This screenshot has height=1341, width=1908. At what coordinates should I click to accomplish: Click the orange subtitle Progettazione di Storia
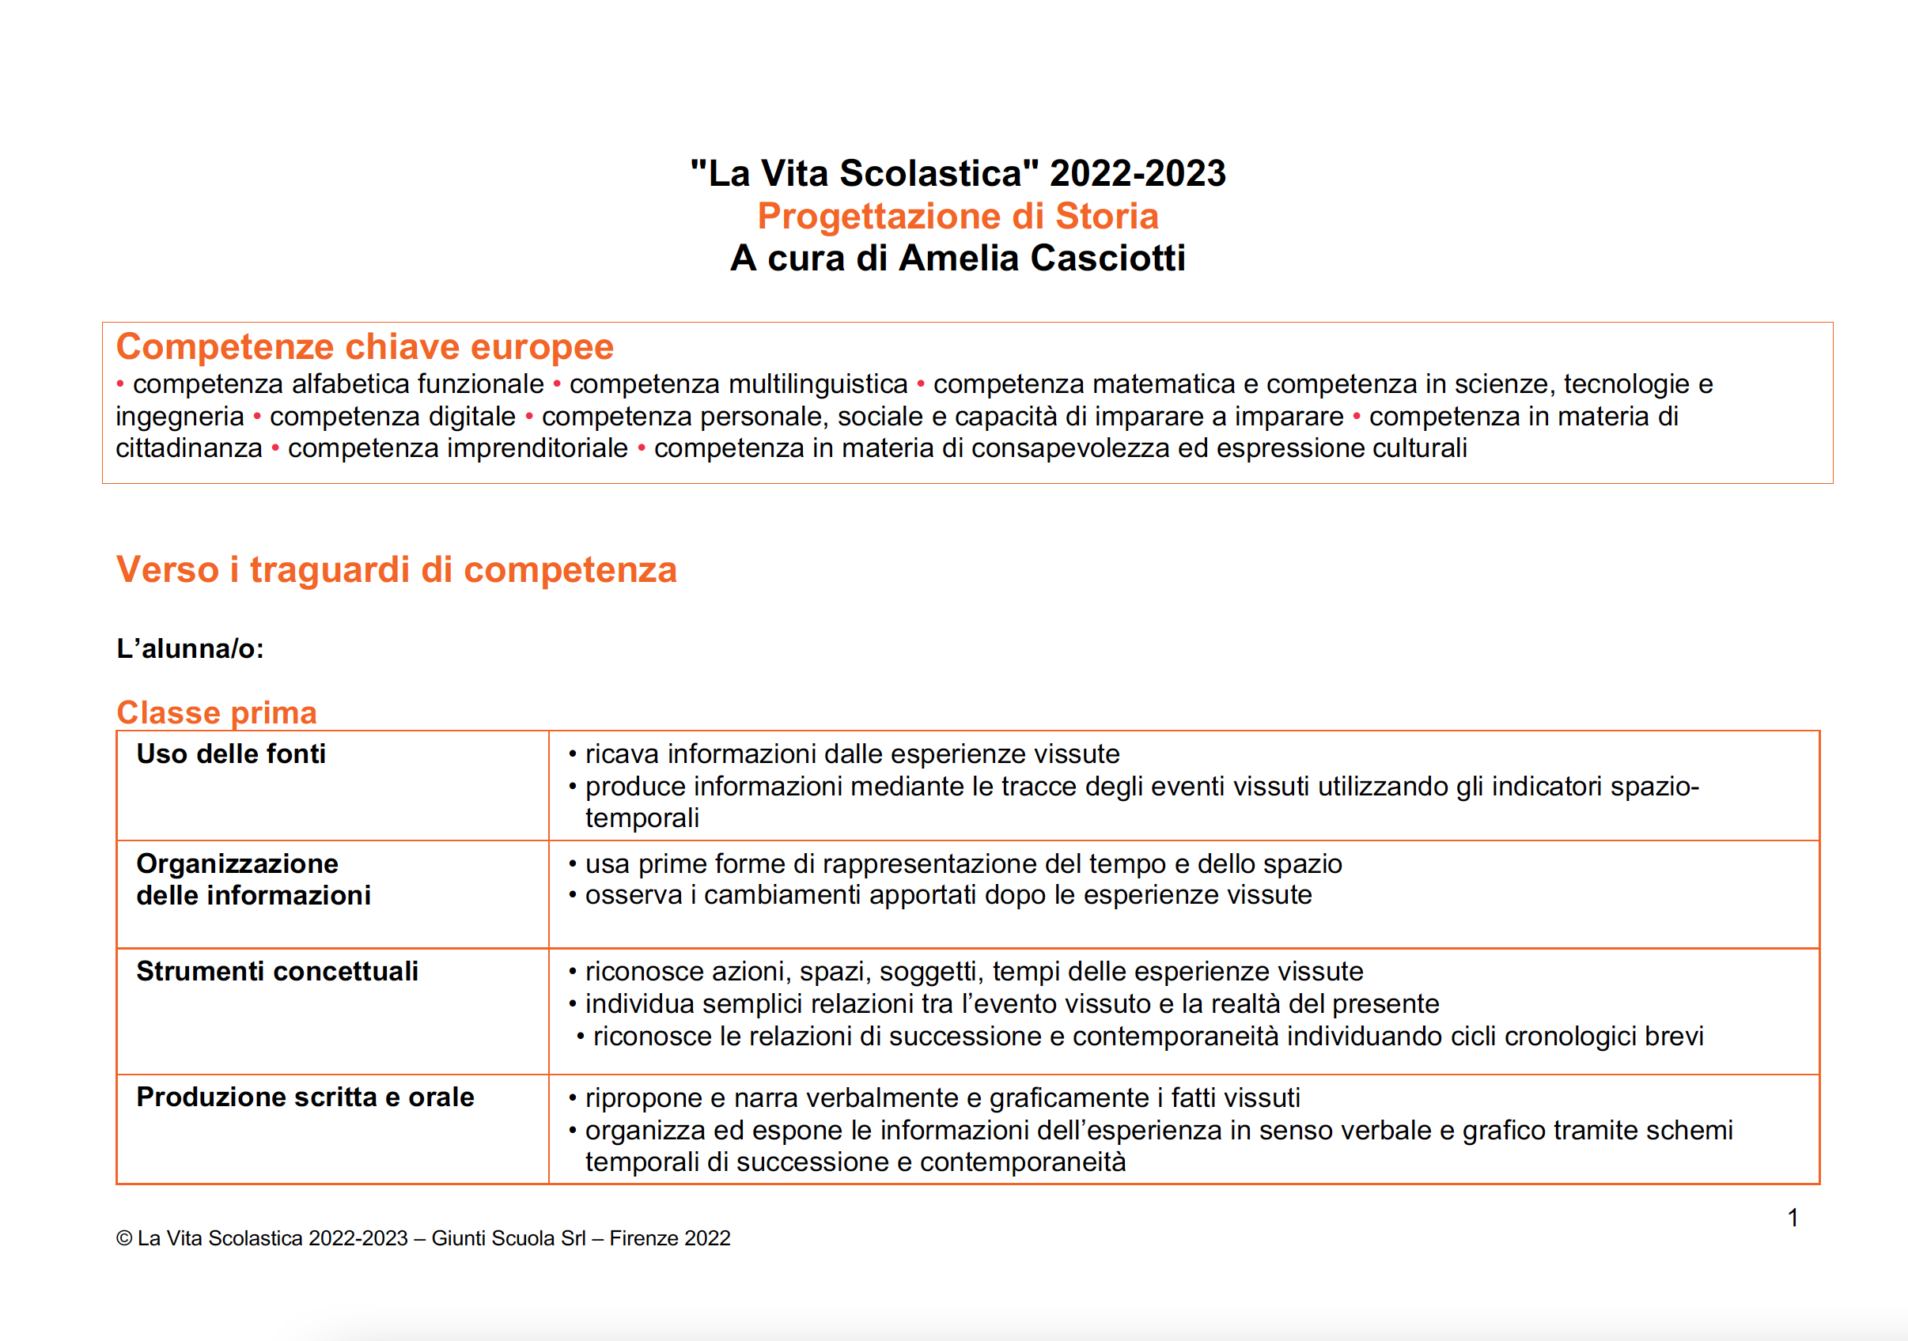[957, 216]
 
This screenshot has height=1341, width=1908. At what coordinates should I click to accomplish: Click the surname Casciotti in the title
[1107, 259]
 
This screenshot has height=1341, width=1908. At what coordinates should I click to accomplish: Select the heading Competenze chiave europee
[365, 346]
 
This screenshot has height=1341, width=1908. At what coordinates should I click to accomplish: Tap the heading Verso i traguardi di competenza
[396, 570]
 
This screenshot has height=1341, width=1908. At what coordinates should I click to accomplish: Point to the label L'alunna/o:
[191, 649]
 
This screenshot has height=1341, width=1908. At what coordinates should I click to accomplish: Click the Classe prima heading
[217, 712]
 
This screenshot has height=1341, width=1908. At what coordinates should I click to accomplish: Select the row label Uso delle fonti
[231, 754]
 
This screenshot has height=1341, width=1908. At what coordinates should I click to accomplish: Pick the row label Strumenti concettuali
[278, 971]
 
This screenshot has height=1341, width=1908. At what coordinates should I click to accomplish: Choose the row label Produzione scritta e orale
[305, 1097]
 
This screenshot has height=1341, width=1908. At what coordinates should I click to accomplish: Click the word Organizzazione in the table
[237, 864]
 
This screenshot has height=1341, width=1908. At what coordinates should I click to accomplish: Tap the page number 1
[1793, 1218]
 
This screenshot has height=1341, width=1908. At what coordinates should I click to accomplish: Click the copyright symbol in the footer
[125, 1239]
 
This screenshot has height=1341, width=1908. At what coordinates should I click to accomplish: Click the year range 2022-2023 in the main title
[1138, 174]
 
